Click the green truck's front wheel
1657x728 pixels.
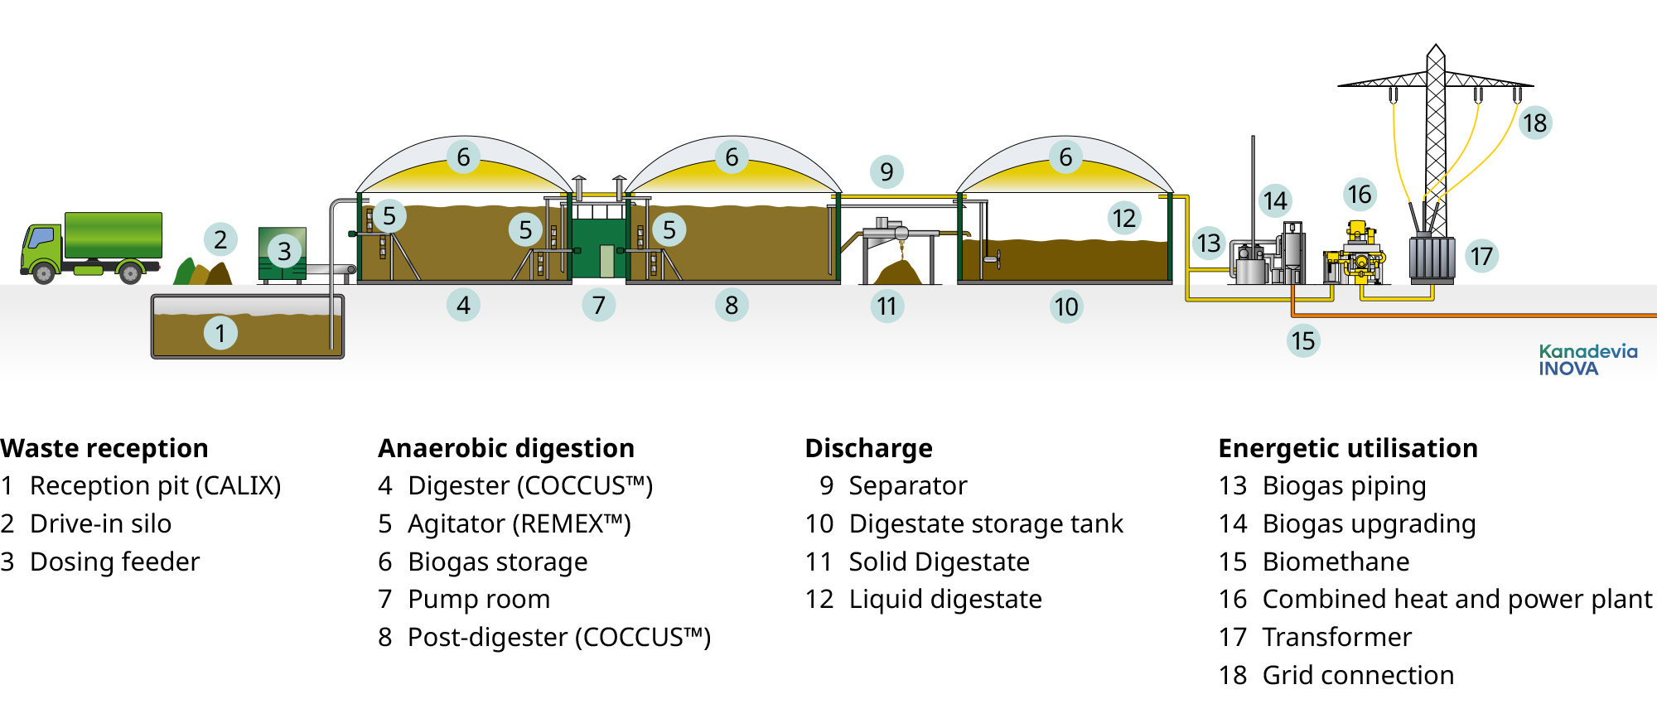tap(44, 272)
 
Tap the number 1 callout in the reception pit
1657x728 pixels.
tap(220, 333)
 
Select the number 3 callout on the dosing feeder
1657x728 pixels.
tap(284, 251)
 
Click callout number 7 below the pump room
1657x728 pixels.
tap(598, 305)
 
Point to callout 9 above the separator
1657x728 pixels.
tap(886, 171)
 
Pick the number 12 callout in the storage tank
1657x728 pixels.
tap(1123, 218)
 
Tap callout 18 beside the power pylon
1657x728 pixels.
tap(1534, 123)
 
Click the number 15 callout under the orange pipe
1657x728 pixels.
tap(1302, 340)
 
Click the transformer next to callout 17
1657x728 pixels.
tap(1432, 258)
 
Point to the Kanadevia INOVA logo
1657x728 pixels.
tap(1587, 360)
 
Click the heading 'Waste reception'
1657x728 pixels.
tap(104, 448)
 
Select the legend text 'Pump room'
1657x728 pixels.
tap(479, 599)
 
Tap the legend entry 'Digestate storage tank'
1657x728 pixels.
tap(986, 523)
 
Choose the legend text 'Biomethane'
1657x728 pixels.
tap(1336, 562)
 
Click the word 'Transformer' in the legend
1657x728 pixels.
tap(1336, 637)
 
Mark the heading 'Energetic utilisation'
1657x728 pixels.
tap(1348, 448)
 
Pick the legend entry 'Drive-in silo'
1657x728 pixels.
tap(100, 523)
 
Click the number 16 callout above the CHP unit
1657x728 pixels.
tap(1359, 195)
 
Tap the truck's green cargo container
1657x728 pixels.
tap(113, 234)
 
